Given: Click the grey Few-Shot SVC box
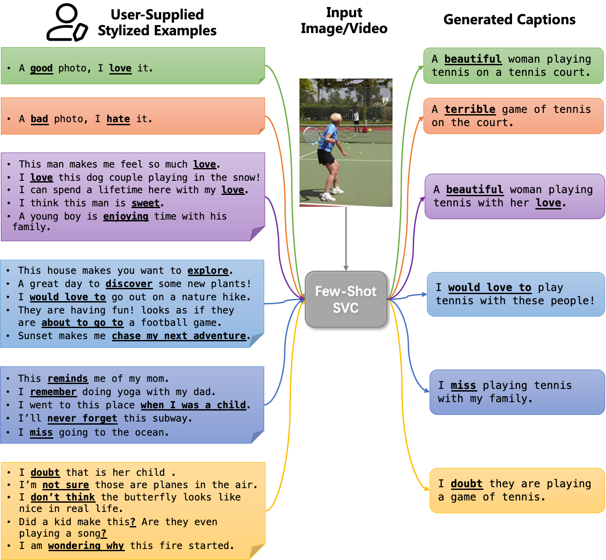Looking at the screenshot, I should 346,299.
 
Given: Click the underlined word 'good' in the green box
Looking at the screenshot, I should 41,68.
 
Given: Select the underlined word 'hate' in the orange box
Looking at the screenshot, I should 118,119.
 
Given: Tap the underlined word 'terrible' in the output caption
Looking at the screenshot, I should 470,109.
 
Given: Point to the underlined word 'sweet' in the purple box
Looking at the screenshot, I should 146,203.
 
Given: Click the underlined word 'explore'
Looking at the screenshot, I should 208,271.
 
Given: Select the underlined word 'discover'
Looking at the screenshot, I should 129,284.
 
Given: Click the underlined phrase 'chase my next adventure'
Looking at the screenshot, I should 179,336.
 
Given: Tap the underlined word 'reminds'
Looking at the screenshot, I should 67,379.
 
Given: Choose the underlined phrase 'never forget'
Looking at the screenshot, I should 82,418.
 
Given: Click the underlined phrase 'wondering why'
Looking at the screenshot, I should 86,546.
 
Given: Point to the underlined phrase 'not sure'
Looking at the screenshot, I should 65,485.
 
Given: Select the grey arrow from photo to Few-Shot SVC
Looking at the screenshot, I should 346,238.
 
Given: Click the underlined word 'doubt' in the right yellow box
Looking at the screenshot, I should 466,484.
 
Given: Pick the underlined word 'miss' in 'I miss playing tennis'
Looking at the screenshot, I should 463,386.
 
